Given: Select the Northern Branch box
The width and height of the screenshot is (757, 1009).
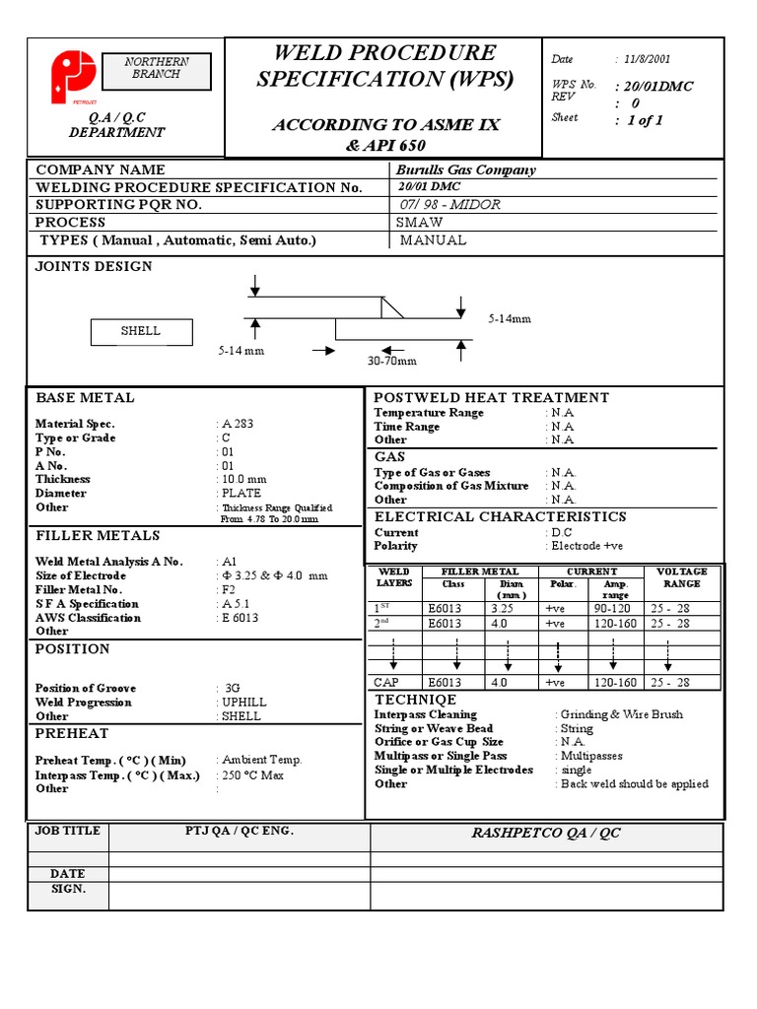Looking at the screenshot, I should coord(156,68).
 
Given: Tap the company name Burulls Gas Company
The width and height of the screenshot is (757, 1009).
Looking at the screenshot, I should coord(465,169).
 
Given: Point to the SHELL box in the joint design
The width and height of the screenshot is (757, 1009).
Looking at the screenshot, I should coord(140,332).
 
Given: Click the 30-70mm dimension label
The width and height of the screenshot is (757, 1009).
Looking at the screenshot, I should coord(392,362).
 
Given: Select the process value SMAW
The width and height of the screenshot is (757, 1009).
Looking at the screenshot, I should coord(419,223).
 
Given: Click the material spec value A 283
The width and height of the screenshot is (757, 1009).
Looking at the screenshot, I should coord(237,424).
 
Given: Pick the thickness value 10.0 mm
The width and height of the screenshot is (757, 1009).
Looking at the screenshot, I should coord(243,479).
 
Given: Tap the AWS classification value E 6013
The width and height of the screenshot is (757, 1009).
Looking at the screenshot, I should coord(241,618).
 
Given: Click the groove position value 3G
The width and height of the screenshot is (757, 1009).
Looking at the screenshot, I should coord(233,688).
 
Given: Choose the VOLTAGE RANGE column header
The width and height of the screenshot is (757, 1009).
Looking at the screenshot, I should coord(681,577).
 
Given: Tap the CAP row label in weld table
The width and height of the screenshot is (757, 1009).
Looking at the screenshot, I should coord(386,682).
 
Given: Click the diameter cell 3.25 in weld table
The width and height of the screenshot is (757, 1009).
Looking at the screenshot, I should coord(503,609).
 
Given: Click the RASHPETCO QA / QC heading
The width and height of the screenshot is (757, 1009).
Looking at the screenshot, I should coord(545,834).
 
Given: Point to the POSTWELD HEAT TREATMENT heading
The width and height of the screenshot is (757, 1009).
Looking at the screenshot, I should coord(491,397).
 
